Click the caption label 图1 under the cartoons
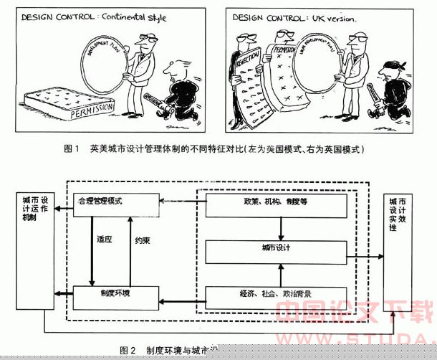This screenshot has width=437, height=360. (71, 149)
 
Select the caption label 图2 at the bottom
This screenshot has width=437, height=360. (128, 351)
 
